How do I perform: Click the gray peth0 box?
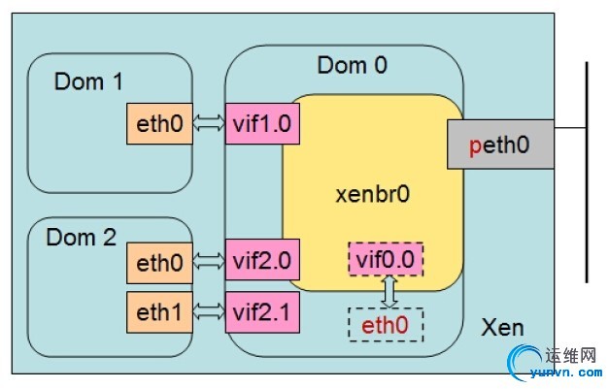tap(500, 145)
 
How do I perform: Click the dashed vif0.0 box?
tap(386, 260)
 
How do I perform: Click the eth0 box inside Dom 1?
tap(159, 123)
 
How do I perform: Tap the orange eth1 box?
tap(159, 311)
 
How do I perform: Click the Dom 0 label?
tap(352, 66)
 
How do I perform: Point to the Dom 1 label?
tap(88, 81)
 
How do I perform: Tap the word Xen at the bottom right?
tap(502, 327)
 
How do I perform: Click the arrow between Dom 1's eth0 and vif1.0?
tap(208, 123)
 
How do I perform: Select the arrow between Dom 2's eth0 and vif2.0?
tap(208, 260)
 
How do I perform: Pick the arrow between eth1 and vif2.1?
tap(208, 311)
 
